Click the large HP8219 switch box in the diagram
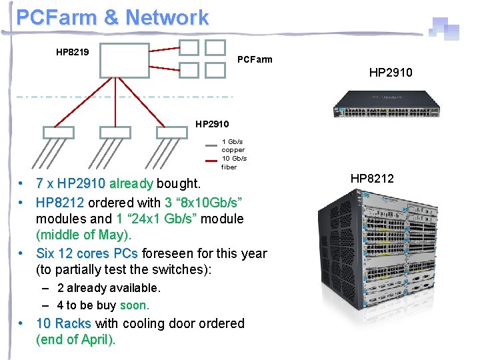tap(124, 61)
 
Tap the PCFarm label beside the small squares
tap(255, 60)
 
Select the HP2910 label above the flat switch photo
tap(391, 72)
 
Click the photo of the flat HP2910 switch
tap(397, 105)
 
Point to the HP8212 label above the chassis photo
tap(372, 178)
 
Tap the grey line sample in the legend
tap(212, 141)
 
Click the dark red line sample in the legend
tap(212, 160)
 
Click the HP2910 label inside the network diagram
tap(212, 124)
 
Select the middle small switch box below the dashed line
tap(115, 133)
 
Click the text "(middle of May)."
tap(84, 235)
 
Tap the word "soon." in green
tap(135, 305)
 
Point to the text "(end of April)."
tap(75, 339)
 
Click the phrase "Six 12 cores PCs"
tap(87, 253)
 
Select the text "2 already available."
tap(109, 288)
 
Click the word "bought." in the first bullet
tap(178, 183)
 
